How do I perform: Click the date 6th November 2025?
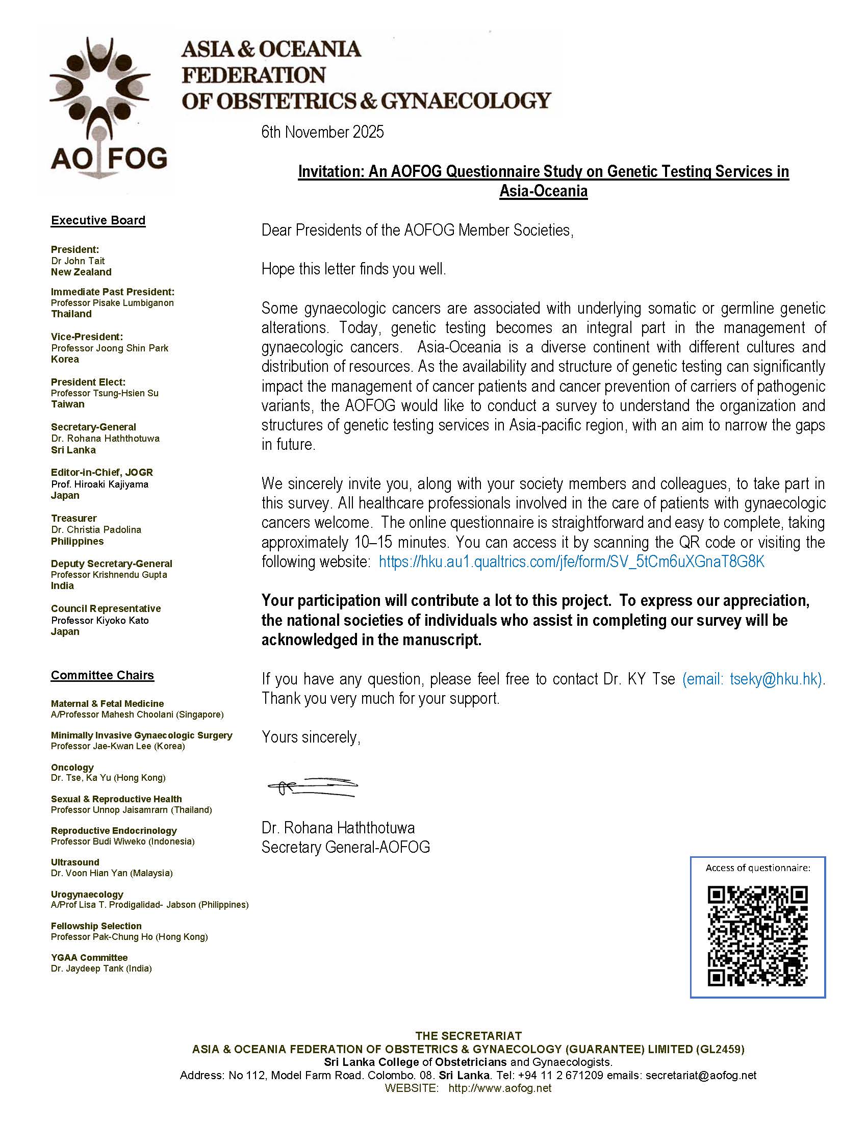[x=322, y=132]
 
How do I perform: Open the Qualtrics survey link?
[x=571, y=562]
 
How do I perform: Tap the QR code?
[x=757, y=935]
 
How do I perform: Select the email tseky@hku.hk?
[x=775, y=679]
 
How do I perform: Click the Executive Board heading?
[x=98, y=220]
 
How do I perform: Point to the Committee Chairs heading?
[x=102, y=675]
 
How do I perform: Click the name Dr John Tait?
[x=78, y=261]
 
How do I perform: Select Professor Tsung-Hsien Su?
[x=105, y=393]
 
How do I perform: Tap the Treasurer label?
[x=73, y=518]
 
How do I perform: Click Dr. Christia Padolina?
[x=96, y=530]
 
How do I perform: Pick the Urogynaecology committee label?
[x=87, y=894]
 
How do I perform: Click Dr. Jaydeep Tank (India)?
[x=101, y=968]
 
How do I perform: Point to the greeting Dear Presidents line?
[x=417, y=230]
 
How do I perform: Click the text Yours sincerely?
[x=311, y=737]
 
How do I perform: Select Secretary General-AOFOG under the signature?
[x=345, y=847]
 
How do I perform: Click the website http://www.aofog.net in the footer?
[x=499, y=1088]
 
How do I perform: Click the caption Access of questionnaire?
[x=757, y=868]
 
